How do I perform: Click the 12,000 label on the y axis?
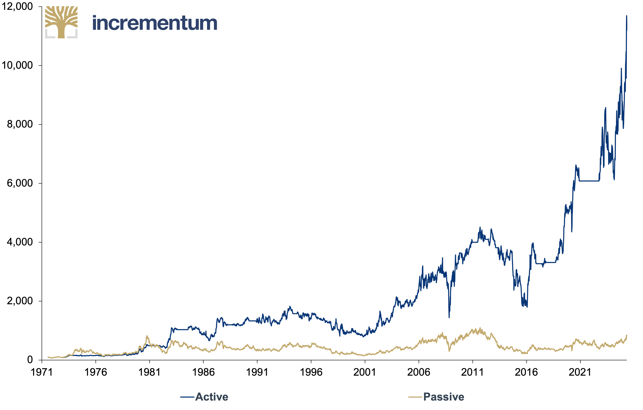[17, 6]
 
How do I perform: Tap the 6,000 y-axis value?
[20, 183]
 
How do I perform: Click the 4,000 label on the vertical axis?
[20, 242]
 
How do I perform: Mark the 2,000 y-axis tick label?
[20, 301]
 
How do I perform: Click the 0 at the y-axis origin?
[30, 360]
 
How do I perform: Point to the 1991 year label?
[257, 372]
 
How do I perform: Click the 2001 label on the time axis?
[365, 372]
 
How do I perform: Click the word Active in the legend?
[212, 397]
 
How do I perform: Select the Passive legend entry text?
[444, 397]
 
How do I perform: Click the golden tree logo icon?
[61, 22]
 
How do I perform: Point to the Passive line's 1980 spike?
[147, 336]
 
